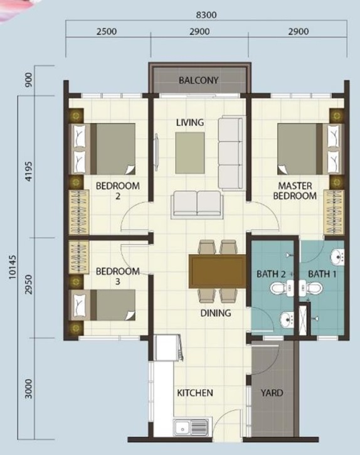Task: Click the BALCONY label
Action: click(x=198, y=80)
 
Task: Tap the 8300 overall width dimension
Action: click(x=206, y=15)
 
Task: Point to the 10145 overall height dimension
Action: click(x=13, y=267)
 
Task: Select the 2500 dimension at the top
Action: click(x=107, y=31)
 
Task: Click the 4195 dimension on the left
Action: click(x=29, y=171)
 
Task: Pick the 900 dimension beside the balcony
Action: click(x=29, y=80)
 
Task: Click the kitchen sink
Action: click(x=191, y=427)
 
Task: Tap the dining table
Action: click(x=217, y=271)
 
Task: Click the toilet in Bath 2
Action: click(x=281, y=288)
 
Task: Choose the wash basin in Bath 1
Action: click(x=337, y=257)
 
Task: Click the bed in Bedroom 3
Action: click(x=102, y=305)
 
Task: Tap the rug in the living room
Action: click(x=189, y=153)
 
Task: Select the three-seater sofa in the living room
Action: click(x=231, y=153)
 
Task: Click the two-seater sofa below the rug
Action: click(x=198, y=205)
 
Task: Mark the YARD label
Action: click(x=272, y=393)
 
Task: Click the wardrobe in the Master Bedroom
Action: click(x=334, y=212)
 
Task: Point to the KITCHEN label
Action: click(x=195, y=393)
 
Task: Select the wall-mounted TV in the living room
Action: click(x=157, y=152)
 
